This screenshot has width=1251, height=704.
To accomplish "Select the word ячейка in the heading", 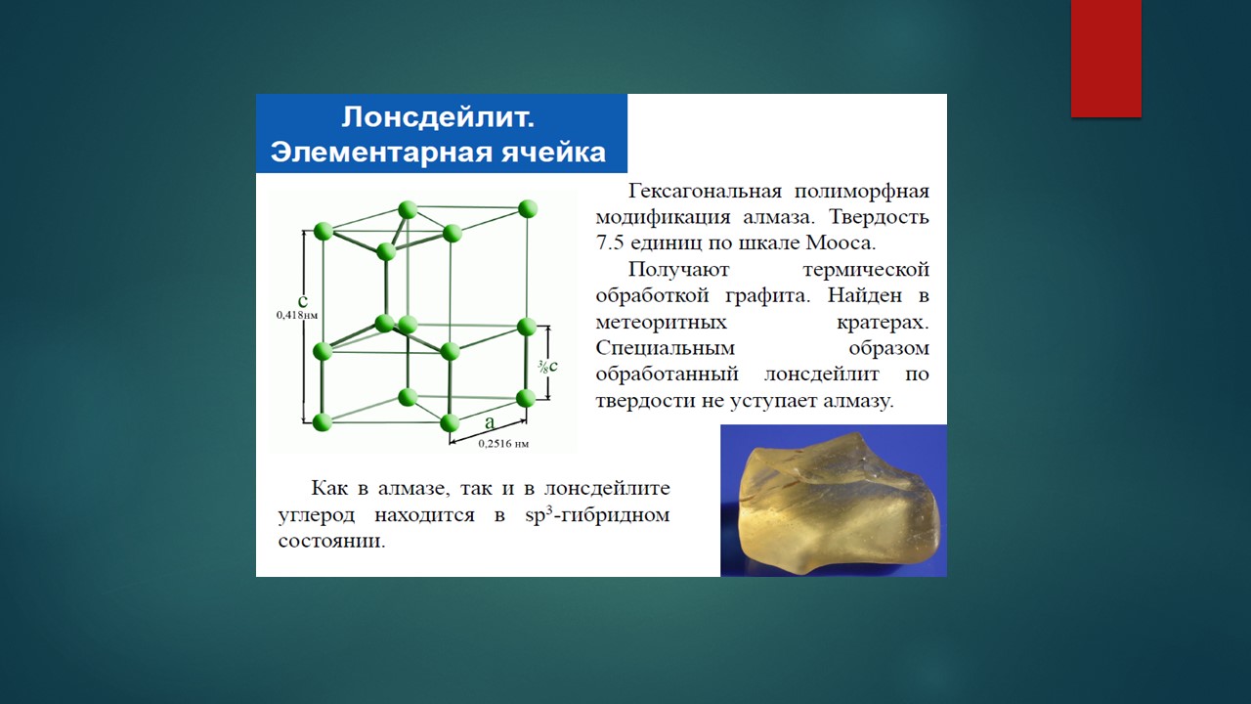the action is point(553,153).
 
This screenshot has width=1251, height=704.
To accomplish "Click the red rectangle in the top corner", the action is point(1105,58).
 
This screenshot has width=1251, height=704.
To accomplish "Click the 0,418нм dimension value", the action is point(297,315).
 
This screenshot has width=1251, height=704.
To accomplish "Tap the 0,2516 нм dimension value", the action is point(503,444).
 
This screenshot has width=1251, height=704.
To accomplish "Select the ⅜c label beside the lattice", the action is point(548,366).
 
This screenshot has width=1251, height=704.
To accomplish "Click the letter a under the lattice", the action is point(490,423).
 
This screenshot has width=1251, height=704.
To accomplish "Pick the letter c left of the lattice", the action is point(303,300).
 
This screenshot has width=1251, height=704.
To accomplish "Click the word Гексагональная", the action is point(705,191).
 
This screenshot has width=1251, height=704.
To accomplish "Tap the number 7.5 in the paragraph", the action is point(609,243).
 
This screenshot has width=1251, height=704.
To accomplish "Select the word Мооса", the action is point(841,243).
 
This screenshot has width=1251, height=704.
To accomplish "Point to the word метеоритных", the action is point(662,323).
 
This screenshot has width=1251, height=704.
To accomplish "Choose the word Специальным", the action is point(666,349).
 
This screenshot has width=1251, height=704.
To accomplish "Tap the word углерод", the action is point(316,515).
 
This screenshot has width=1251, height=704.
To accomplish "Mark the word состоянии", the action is point(331,541).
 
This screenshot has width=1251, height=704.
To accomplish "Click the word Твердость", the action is point(879,217).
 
